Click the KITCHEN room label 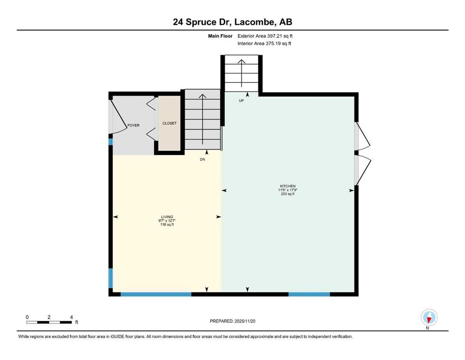point(288,186)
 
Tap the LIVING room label point(167,217)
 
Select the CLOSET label point(170,123)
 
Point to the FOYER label point(133,125)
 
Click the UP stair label point(241,101)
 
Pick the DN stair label point(203,159)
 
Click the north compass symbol point(429,317)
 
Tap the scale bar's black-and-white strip point(49,322)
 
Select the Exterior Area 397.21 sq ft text point(265,36)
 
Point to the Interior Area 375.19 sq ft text point(264,43)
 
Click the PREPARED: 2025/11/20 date point(232,321)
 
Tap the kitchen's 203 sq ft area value point(288,194)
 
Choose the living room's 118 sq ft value point(167,225)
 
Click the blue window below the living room point(156,294)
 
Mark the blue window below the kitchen point(309,294)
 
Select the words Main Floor point(220,36)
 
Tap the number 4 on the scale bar point(72,317)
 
